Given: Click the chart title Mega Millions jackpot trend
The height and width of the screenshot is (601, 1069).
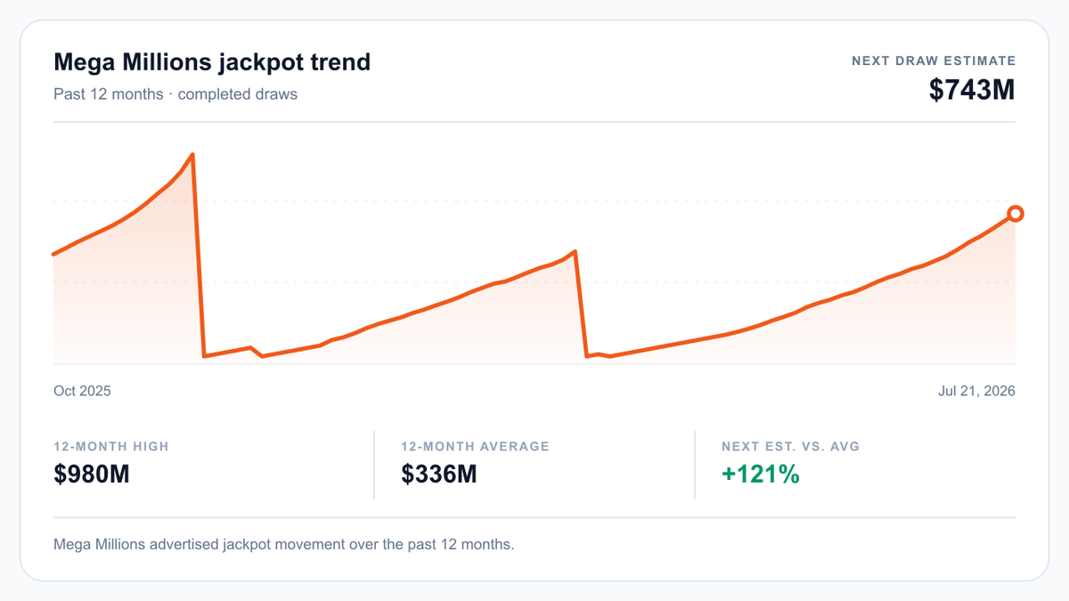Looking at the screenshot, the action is (x=212, y=62).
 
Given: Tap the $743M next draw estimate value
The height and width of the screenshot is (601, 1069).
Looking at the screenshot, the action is (x=972, y=90).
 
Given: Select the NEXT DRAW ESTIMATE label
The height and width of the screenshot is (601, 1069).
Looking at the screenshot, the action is (x=934, y=61).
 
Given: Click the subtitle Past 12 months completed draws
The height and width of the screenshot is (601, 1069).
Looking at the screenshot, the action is (x=175, y=94).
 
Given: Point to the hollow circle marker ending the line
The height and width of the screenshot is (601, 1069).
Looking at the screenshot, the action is (x=1015, y=213).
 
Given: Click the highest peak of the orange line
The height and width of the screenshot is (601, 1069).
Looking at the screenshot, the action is (x=192, y=155).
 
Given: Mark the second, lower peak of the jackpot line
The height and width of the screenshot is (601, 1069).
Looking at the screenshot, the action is (x=575, y=251).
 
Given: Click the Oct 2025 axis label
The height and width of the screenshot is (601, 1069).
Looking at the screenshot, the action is (x=82, y=391).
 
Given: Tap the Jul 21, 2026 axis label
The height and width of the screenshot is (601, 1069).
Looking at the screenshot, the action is (x=976, y=391).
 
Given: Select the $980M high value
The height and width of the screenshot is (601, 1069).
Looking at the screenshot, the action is (x=91, y=474).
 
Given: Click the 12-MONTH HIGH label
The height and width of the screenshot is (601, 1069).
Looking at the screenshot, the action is (x=111, y=446).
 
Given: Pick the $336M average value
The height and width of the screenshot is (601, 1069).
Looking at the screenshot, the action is (x=438, y=474).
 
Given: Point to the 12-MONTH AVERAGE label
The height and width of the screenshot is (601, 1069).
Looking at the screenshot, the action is (x=476, y=446).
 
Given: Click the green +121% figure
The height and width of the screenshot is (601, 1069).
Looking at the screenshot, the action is (x=761, y=474).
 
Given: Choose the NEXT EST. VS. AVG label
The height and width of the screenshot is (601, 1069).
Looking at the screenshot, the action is (x=790, y=446).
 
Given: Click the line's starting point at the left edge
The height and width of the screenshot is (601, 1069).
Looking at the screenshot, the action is (x=53, y=255).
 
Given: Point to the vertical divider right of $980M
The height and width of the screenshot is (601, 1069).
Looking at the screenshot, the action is (x=374, y=465).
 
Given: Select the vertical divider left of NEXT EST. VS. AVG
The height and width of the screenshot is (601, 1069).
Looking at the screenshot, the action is (x=695, y=465).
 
